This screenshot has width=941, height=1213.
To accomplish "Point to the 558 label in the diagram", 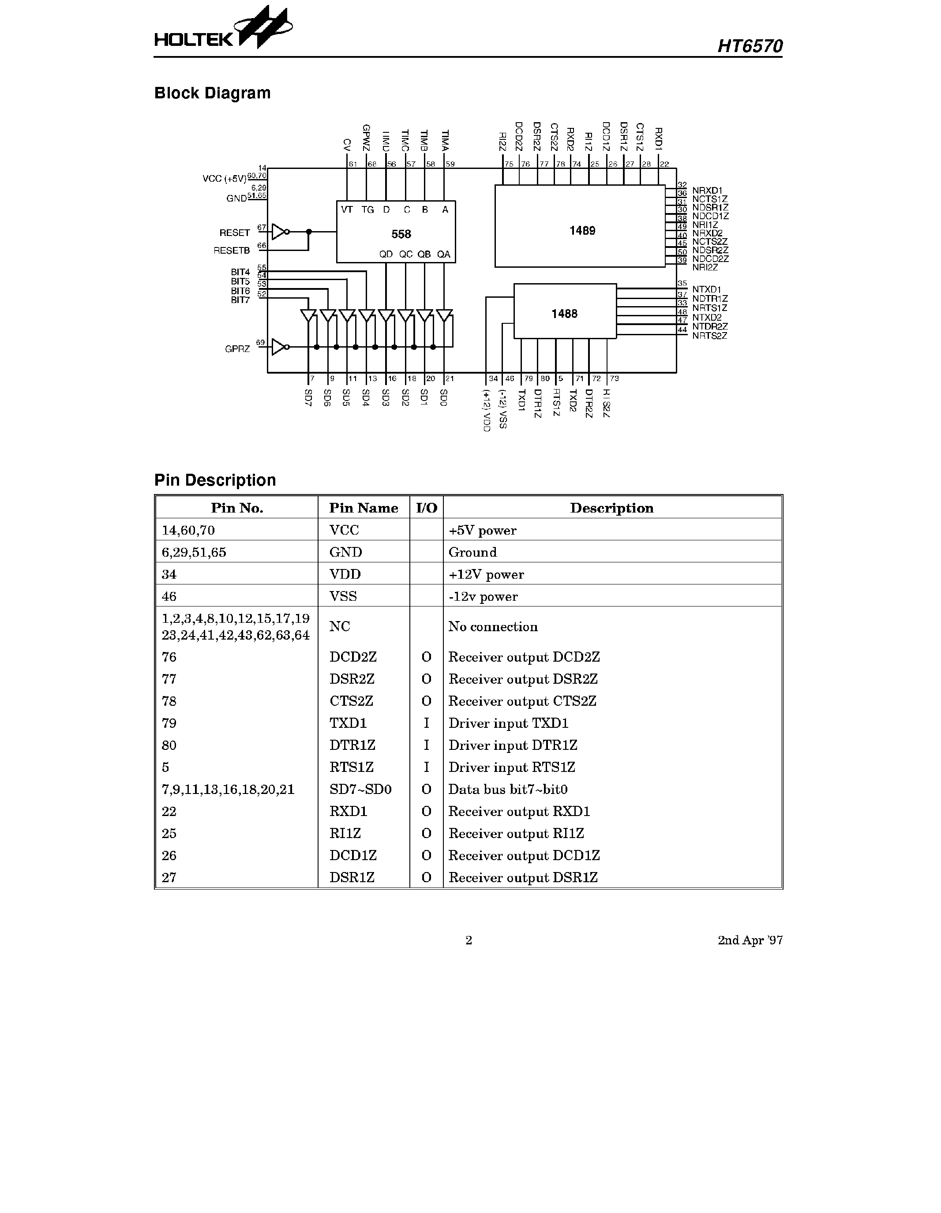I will coord(401,234).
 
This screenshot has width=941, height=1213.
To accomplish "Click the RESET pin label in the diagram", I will coord(234,233).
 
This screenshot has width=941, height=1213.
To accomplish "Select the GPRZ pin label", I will coord(237,349).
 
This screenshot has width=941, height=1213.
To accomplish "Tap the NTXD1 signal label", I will coord(707,289).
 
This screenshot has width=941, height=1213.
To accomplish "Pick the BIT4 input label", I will coord(240,272).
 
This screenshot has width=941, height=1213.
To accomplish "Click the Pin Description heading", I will coord(215,480).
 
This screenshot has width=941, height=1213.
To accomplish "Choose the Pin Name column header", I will coord(363,508).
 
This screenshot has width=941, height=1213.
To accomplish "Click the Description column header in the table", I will coord(611,508).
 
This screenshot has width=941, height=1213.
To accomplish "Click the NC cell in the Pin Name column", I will coord(339,626).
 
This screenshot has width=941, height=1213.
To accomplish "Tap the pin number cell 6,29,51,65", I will coord(194,552).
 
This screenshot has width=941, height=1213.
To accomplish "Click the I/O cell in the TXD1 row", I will coord(426,723).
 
